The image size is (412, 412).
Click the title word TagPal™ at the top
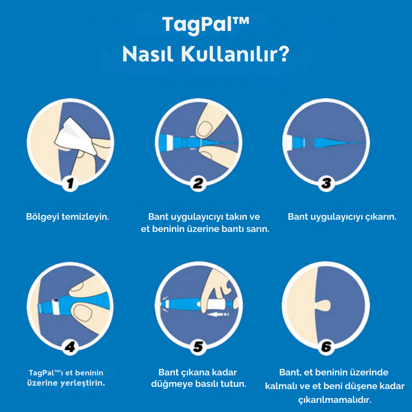click(x=205, y=24)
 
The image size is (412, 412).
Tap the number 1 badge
click(x=70, y=184)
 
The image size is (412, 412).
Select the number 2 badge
click(x=198, y=184)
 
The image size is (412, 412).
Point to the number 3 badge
click(x=326, y=184)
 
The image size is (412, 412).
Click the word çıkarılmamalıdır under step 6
click(x=335, y=400)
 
